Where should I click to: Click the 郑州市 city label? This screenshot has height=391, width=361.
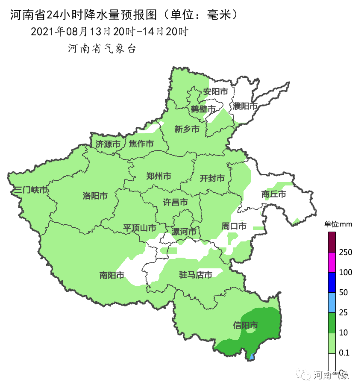[x=158, y=176]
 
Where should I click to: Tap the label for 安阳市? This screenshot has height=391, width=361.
[x=215, y=92]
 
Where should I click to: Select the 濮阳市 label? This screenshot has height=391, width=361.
[x=245, y=106]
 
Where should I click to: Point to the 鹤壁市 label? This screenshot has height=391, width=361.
[x=203, y=109]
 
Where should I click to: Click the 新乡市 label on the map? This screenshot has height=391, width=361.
[x=187, y=129]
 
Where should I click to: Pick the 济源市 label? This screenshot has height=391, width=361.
[x=108, y=144]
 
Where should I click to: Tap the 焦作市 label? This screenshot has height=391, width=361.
[x=141, y=144]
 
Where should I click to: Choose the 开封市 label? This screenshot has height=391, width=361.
[x=212, y=178]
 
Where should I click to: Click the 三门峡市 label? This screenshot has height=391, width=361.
[x=31, y=190]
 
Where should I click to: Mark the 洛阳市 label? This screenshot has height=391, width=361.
[x=95, y=196]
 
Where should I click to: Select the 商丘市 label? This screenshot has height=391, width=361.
[x=273, y=194]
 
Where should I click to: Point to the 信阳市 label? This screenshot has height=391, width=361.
[x=246, y=325]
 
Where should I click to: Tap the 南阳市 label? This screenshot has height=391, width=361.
[x=112, y=275]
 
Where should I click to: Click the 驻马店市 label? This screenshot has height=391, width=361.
[x=195, y=275]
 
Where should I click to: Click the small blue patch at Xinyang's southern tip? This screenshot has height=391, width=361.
[x=252, y=356]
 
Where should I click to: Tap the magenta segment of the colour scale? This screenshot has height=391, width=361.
[x=332, y=262]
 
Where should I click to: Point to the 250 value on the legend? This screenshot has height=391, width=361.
[x=345, y=252]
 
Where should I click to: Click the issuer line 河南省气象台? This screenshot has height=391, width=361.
[x=102, y=49]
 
